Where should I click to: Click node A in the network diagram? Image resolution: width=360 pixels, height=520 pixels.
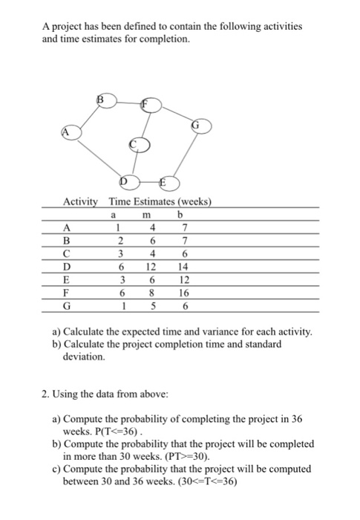[x=71, y=131]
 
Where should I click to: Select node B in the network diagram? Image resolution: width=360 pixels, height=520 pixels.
[x=105, y=100]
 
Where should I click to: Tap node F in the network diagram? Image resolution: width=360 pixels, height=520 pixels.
[x=152, y=105]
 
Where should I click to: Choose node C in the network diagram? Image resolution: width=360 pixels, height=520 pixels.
[x=139, y=146]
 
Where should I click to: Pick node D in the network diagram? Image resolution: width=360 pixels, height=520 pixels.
[x=128, y=182]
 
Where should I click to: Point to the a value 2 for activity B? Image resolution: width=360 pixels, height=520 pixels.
[x=117, y=240]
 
